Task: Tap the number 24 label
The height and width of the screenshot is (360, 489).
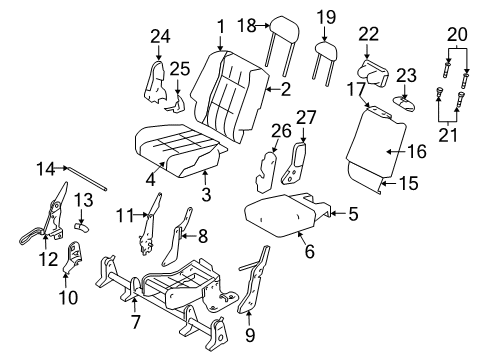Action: click(x=161, y=37)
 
